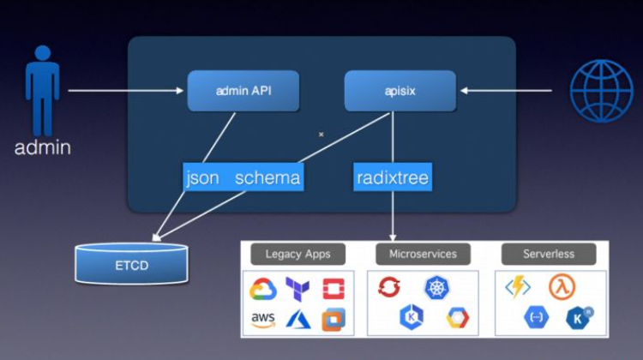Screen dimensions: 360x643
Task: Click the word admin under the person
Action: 42,147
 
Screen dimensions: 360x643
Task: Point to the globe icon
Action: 601,90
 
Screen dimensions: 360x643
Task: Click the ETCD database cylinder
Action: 131,264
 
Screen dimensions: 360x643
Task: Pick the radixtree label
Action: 392,178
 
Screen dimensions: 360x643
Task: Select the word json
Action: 202,178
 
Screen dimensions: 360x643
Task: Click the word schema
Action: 267,178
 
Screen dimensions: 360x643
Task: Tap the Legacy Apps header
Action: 297,254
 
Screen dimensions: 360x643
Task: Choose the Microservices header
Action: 423,254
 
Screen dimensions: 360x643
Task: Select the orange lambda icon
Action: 562,287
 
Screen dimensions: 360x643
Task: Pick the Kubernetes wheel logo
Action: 437,288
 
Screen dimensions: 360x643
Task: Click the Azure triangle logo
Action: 297,319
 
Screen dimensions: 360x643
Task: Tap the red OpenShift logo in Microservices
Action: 389,288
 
